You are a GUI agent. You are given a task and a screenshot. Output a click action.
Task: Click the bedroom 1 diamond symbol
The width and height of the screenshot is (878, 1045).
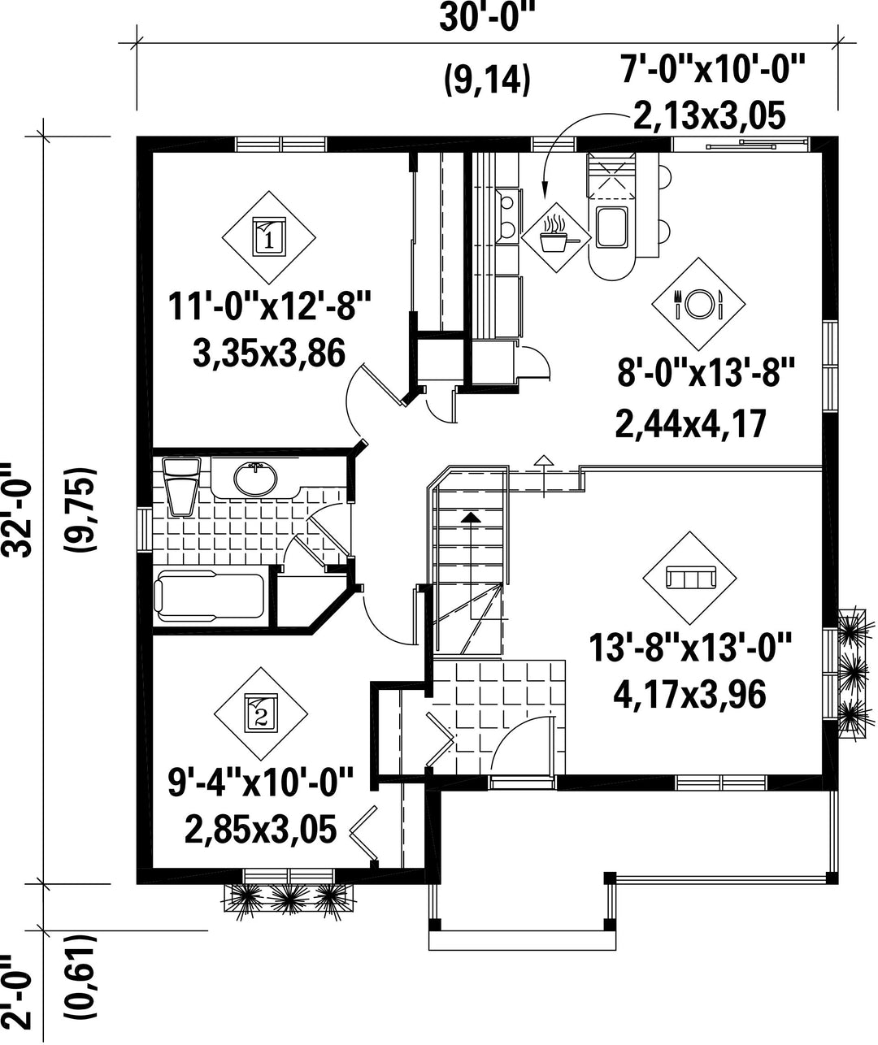tap(269, 237)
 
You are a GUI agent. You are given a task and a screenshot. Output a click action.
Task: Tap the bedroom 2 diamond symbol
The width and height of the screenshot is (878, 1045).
tap(260, 715)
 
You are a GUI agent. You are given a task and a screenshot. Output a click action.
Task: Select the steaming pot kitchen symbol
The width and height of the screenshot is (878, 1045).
tap(555, 237)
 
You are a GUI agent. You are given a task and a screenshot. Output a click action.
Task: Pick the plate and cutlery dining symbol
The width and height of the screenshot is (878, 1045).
tap(698, 304)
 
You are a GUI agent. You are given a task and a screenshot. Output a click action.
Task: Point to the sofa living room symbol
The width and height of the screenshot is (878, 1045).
tap(689, 578)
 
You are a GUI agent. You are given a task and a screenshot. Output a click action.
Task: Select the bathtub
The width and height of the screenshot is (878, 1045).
tap(210, 597)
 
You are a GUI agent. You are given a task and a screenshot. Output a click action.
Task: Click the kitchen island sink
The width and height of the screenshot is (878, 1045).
tap(611, 227)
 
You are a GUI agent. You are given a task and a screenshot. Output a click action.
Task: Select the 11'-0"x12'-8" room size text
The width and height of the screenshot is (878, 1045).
tap(269, 306)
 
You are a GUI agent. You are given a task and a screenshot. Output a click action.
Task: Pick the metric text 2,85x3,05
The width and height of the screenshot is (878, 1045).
tap(260, 830)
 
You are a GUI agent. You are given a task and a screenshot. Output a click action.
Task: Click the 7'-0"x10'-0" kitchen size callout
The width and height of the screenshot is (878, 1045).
tap(713, 68)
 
